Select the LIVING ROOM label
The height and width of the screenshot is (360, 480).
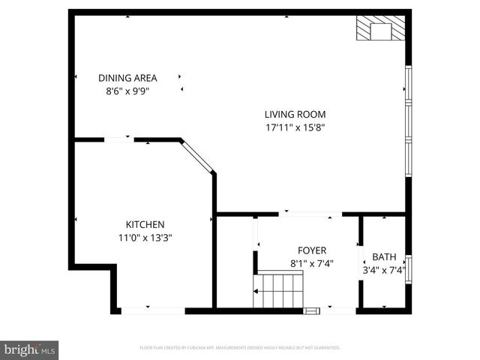point(295,115)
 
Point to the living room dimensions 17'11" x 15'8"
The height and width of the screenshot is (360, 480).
point(295,127)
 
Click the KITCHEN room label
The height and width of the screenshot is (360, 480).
point(145,224)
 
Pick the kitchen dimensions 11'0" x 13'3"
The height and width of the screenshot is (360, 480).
point(145,238)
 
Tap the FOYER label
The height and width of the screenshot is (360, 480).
point(311,250)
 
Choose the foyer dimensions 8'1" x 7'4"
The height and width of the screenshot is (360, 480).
point(311,264)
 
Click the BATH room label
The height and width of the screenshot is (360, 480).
point(383,256)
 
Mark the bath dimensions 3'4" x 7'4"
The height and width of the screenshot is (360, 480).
point(383,270)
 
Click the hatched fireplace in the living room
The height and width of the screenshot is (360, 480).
point(382,30)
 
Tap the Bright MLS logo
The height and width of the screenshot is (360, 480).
point(30,349)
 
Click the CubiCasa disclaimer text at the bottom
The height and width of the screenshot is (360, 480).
point(240,348)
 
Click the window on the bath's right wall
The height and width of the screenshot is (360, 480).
point(409,270)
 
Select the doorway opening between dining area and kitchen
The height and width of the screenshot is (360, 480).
point(118,139)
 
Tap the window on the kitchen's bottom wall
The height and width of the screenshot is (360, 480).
point(153,310)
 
